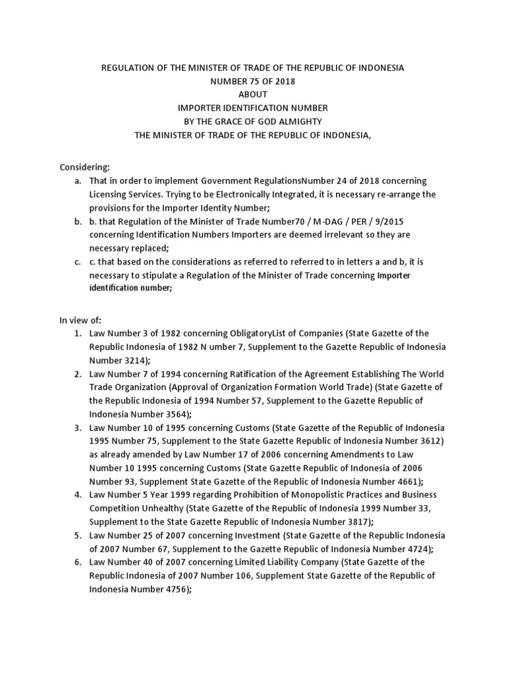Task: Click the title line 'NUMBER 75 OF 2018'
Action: tap(253, 82)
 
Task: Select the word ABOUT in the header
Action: tap(253, 95)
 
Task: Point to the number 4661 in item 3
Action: tap(406, 481)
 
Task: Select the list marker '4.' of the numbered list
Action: tap(78, 494)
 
